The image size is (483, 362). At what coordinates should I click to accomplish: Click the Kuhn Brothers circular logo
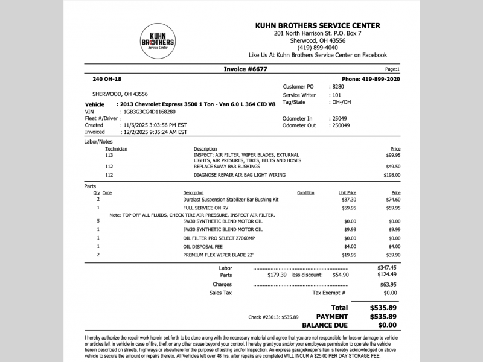tap(158, 42)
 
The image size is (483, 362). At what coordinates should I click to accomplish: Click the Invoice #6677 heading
tap(245, 69)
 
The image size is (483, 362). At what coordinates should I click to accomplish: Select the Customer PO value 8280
tap(338, 87)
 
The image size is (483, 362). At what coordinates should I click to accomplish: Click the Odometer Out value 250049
tap(341, 125)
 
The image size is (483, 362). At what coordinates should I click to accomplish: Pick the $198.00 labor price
tap(392, 175)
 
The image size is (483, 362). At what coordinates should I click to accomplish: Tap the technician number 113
tap(109, 155)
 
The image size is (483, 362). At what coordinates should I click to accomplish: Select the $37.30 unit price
tap(349, 199)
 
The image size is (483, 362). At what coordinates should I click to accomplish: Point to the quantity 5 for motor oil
tap(98, 221)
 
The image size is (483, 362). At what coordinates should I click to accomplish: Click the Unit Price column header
tap(347, 193)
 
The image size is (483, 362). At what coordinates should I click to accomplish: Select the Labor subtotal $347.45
tap(387, 267)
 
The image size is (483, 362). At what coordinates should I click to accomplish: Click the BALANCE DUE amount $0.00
tap(384, 325)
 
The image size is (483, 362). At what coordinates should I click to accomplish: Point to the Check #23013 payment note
tap(273, 317)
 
